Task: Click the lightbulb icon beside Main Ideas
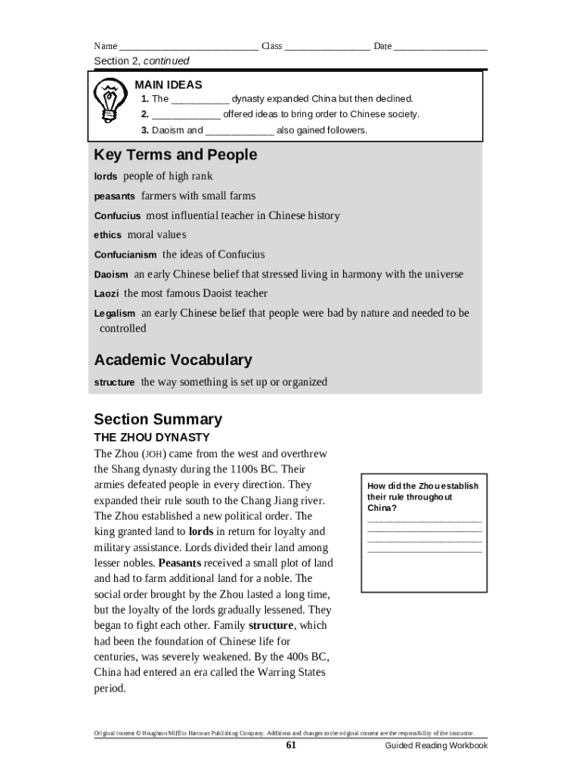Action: [109, 101]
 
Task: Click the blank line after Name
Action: [188, 47]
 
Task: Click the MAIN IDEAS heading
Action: [169, 85]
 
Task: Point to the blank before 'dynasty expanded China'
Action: [200, 99]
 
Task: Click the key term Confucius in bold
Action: [117, 216]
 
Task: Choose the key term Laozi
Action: [107, 294]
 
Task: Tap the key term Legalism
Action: [114, 314]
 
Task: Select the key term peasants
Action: [114, 197]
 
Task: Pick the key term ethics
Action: [107, 235]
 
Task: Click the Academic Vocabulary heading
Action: [172, 360]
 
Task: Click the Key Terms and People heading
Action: [175, 155]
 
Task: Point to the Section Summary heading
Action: [158, 420]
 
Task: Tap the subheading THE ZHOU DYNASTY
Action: [152, 438]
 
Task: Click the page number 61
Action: [291, 745]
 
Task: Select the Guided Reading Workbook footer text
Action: [436, 746]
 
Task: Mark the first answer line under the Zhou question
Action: [424, 521]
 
